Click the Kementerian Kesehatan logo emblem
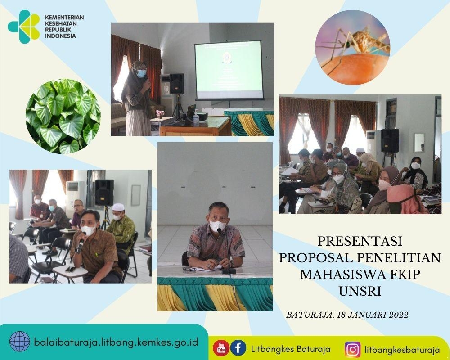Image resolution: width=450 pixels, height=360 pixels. [x=23, y=27]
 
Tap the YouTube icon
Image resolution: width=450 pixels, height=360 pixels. [x=221, y=348]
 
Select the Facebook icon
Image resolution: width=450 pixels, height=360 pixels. [x=238, y=348]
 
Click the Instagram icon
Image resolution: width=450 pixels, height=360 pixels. [x=352, y=349]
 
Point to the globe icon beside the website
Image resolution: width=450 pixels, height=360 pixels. [x=19, y=342]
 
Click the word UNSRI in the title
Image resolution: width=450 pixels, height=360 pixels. [x=360, y=292]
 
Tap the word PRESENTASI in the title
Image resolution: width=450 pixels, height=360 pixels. [x=360, y=241]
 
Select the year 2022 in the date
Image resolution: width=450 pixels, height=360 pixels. [x=398, y=315]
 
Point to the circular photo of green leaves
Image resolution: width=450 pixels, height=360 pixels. [x=63, y=116]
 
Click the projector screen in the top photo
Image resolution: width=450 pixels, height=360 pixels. [x=229, y=70]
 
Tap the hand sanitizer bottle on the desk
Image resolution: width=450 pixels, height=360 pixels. [x=196, y=118]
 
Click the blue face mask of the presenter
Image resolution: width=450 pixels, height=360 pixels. [x=141, y=74]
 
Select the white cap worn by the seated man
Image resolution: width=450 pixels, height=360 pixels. [x=118, y=207]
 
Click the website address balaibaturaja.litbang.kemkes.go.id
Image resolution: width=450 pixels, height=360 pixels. [x=116, y=342]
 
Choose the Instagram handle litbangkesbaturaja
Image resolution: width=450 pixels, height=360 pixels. [x=402, y=350]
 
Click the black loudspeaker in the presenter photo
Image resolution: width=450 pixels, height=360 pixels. [x=177, y=84]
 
